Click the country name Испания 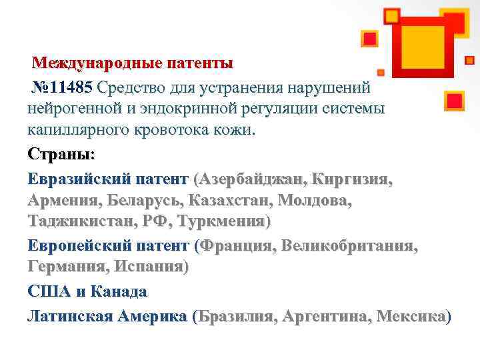click(x=149, y=267)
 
